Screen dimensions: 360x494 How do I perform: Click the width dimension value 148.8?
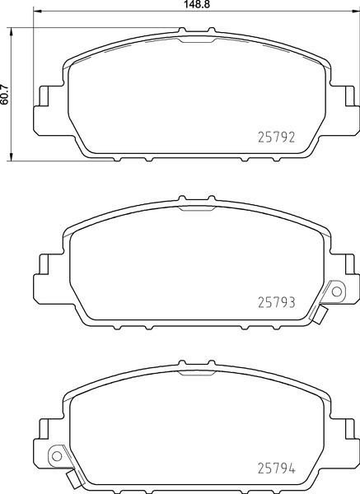point(196,4)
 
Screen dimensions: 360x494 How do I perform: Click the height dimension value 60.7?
point(4,94)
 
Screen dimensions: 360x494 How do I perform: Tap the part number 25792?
point(277,137)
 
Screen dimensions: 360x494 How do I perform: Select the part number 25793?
point(277,302)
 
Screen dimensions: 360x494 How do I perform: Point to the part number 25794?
point(277,468)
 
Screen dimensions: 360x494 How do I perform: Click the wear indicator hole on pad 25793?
point(337,291)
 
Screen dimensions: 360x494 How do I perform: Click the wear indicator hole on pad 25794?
point(57,455)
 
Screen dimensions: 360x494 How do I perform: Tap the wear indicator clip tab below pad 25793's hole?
point(320,315)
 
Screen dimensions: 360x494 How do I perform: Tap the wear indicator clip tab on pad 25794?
point(74,479)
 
